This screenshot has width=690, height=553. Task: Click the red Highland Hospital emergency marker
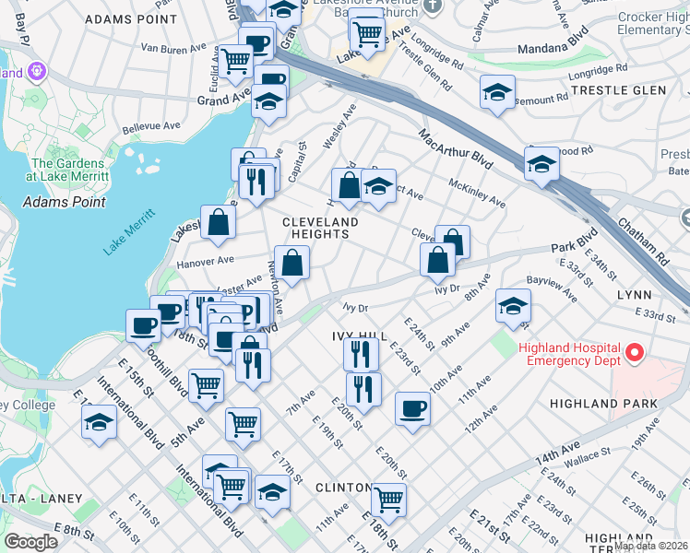coord(634,353)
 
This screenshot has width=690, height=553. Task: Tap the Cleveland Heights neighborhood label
coord(320,229)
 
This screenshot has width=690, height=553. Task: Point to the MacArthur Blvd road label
coord(456,151)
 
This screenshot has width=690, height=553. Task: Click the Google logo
coord(30,542)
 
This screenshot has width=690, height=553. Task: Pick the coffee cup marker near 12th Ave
coord(412,408)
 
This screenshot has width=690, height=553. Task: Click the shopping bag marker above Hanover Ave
coord(218,222)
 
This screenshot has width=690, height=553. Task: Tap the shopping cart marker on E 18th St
coord(388,499)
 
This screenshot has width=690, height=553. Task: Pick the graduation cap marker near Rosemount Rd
coord(497,92)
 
